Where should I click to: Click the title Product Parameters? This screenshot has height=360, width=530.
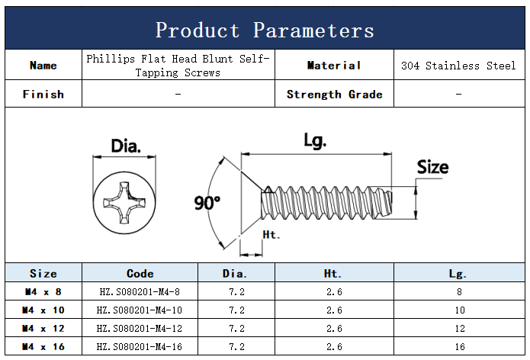click(265, 30)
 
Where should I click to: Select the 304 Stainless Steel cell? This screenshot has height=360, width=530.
click(458, 66)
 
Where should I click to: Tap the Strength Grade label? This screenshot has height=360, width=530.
click(334, 95)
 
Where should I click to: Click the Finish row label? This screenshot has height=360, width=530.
click(43, 95)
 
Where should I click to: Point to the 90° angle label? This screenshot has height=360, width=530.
click(207, 203)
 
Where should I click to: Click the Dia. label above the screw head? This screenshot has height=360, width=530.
click(126, 146)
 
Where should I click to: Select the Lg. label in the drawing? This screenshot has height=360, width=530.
click(315, 140)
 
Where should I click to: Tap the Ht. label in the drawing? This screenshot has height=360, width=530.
click(271, 235)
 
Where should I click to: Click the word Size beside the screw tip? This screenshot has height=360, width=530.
click(432, 167)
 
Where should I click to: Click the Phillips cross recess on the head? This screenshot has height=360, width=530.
click(124, 203)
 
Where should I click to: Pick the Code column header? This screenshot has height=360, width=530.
click(140, 273)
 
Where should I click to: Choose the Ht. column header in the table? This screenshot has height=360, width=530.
click(332, 273)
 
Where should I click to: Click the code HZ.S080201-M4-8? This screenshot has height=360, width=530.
click(140, 291)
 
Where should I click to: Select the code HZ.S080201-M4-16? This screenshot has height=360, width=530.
click(140, 346)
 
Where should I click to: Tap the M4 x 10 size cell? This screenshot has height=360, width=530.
click(43, 310)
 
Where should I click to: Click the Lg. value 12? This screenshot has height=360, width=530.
click(460, 328)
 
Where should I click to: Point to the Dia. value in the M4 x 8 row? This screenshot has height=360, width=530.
click(236, 291)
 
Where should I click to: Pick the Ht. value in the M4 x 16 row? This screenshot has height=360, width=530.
click(334, 346)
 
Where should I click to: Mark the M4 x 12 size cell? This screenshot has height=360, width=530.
click(43, 328)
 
